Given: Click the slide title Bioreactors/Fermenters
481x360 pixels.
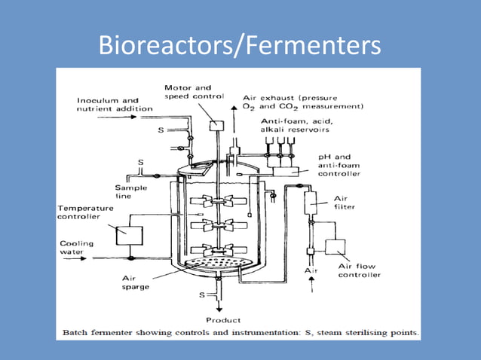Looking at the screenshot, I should [240, 46].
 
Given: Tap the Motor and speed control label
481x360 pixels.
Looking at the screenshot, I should [194, 91].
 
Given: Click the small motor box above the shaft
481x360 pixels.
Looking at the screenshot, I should [217, 125].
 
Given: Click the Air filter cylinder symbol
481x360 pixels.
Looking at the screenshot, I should [309, 201].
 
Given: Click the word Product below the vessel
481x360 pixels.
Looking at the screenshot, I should [225, 320].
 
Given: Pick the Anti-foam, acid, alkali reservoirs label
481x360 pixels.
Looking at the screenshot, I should [302, 125].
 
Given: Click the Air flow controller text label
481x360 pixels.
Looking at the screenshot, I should [360, 270].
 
